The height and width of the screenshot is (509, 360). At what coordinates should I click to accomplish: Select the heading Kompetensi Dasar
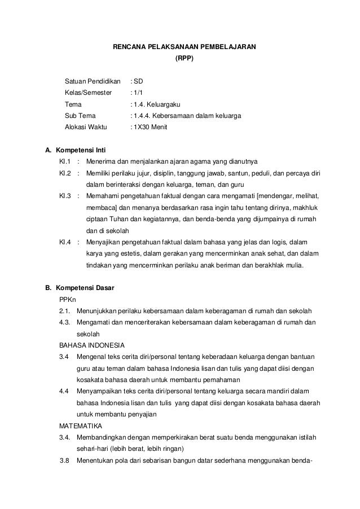pos(83,288)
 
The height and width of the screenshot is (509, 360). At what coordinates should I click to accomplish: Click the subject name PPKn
pos(68,300)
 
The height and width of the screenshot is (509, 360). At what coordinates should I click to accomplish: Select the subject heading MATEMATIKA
pos(80,426)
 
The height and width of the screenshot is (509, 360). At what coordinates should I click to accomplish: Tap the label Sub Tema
pos(81,116)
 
